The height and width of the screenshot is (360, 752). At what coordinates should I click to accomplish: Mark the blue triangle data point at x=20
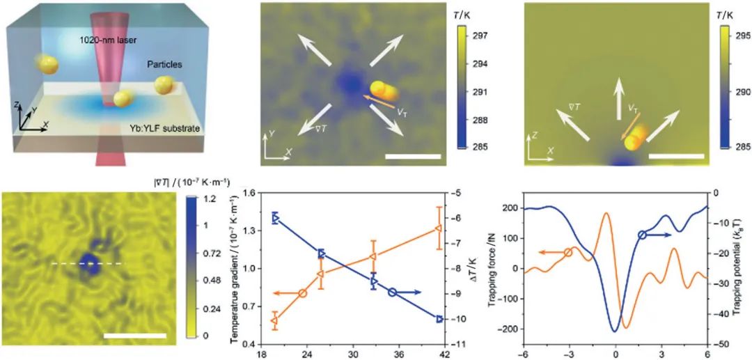point(275,218)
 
